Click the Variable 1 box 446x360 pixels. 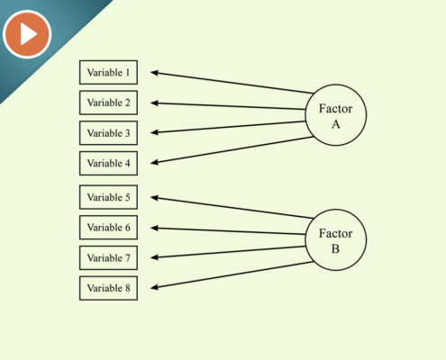108,72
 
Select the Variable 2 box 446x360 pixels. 108,103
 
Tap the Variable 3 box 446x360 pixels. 108,133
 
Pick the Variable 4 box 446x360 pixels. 108,163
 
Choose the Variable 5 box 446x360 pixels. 108,197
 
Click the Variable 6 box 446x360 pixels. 108,228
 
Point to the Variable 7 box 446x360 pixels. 108,257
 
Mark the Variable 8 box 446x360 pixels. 108,288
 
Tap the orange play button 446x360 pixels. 27,34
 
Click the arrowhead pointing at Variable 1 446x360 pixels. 154,73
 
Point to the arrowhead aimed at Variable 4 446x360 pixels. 154,162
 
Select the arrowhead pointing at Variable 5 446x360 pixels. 154,198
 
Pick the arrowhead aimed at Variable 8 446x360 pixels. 154,287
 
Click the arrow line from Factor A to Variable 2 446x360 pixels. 228,106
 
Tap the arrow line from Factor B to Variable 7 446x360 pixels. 228,252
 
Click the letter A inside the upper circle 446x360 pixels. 336,124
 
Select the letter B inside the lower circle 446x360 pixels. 335,248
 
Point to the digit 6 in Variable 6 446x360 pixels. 128,228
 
